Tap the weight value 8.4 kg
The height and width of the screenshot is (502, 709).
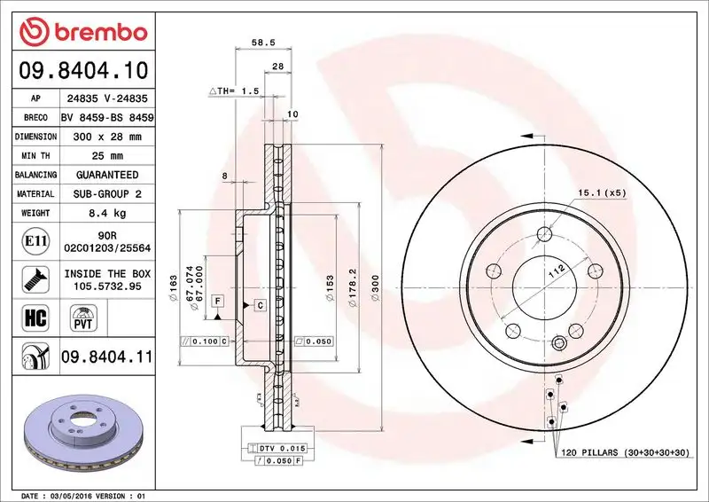(106, 213)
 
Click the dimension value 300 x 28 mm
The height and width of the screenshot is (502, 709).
(106, 137)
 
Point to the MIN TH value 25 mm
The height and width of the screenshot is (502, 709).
(106, 156)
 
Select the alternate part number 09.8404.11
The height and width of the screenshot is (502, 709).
(107, 357)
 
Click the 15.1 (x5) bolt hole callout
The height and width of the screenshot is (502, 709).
(602, 192)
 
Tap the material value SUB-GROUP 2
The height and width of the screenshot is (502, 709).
(106, 193)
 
